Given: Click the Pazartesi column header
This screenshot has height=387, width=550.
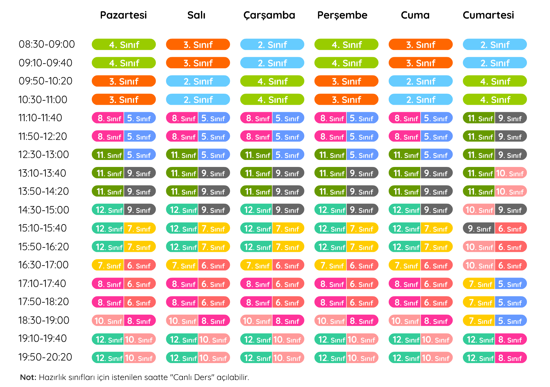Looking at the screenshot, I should click(x=123, y=15).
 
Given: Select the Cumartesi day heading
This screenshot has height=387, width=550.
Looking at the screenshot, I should click(x=488, y=15).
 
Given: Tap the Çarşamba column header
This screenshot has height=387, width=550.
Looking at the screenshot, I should click(x=269, y=15).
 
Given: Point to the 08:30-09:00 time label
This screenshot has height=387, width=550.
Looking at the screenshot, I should click(x=47, y=44).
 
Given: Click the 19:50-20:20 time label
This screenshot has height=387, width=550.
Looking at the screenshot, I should click(x=45, y=357).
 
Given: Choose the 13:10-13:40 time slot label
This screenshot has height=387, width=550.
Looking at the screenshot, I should click(x=42, y=173).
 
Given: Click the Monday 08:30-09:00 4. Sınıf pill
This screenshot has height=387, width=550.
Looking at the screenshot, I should click(x=124, y=45).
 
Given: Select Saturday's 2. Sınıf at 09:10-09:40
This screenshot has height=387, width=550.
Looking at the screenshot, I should click(x=495, y=63).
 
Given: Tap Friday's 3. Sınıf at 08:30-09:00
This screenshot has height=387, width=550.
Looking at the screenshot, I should click(x=421, y=45).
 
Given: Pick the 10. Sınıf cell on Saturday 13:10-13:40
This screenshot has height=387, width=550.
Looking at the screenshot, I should click(x=510, y=173).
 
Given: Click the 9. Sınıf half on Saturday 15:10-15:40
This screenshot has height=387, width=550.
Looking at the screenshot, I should click(x=479, y=229).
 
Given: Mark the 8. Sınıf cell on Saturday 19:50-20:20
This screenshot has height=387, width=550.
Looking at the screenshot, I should click(x=510, y=358).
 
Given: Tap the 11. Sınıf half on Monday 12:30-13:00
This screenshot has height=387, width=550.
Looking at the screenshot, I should click(x=108, y=155).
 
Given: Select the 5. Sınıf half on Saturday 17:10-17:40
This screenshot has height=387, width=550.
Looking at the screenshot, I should click(x=510, y=284).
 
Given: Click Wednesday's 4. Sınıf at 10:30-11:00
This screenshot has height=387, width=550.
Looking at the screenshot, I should click(x=272, y=100).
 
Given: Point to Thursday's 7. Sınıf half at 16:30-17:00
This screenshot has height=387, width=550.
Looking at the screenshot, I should click(x=331, y=266).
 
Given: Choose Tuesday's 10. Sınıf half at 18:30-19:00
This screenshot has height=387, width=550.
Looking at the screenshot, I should click(x=182, y=321).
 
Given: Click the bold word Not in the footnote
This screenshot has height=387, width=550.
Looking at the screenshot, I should click(x=28, y=377).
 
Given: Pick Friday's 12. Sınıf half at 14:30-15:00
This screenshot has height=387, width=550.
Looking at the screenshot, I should click(x=405, y=210).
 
